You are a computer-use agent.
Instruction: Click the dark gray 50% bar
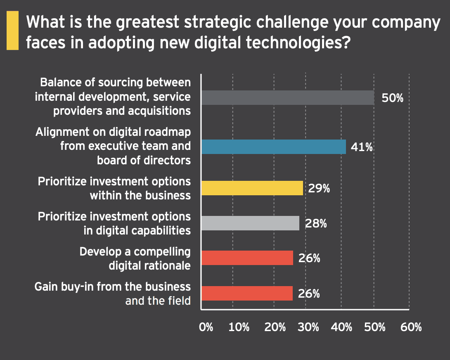288,98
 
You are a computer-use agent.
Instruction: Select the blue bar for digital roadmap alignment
273,147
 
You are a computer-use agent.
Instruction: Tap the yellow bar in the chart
252,188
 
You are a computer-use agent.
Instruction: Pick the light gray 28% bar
250,223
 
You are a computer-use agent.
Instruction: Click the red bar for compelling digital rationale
247,258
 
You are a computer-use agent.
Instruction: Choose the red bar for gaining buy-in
247,293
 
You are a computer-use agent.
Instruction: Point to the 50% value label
392,99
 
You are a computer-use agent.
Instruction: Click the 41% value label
362,147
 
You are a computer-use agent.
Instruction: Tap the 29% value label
319,188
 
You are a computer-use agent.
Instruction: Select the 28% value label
316,223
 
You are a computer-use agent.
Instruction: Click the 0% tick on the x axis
206,327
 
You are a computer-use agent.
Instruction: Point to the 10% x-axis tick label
239,327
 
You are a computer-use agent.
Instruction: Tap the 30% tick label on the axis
308,327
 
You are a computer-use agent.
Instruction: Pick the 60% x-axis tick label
411,327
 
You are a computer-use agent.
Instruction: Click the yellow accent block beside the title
12,31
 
